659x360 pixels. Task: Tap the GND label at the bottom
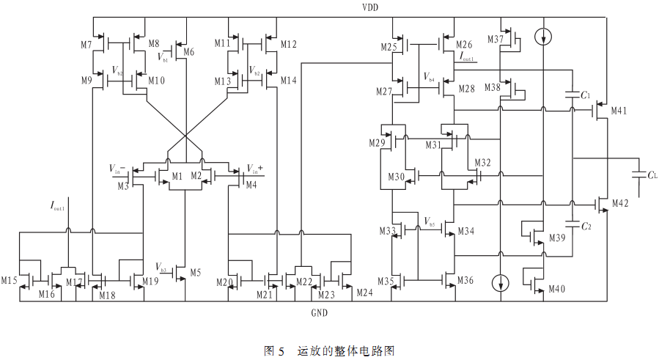pos(319,313)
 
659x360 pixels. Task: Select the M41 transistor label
pos(619,111)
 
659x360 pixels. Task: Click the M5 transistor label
pos(195,272)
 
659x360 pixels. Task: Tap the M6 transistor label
pos(188,52)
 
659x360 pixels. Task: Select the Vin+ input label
pos(255,169)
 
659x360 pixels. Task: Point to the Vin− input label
pos(119,169)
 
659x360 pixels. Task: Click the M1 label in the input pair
pos(177,176)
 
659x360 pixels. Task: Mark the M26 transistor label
pos(465,45)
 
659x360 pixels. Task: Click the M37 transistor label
pos(495,39)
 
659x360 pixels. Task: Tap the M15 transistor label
pos(9,281)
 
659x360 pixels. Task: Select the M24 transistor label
pos(364,293)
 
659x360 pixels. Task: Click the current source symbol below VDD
pos(543,35)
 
